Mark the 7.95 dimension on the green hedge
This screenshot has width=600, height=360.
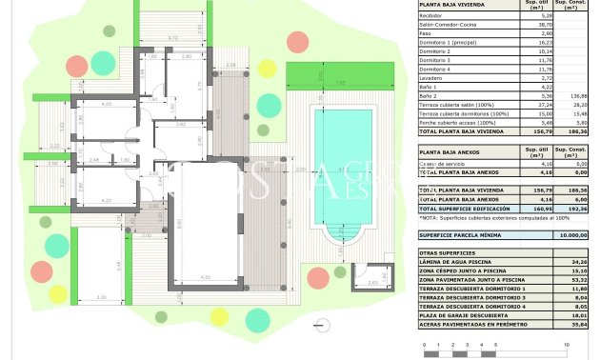(x=340, y=83)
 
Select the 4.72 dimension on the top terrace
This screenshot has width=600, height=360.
(x=172, y=38)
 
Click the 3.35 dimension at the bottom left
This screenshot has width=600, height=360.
(x=102, y=298)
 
